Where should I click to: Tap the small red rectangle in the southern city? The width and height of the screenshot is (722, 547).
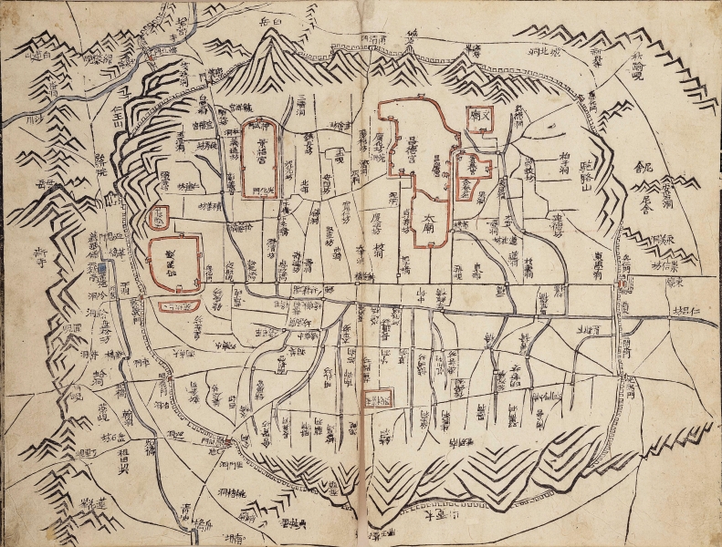click(377, 397)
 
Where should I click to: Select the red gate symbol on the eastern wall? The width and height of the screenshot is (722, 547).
click(623, 285)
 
